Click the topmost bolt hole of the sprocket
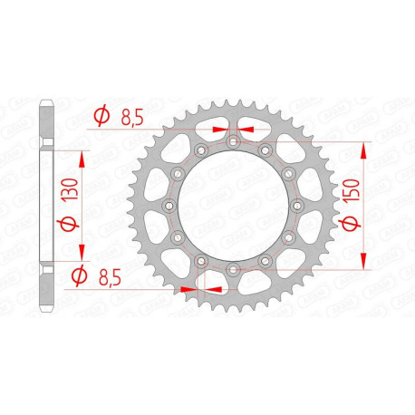233,140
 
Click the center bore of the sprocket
233,206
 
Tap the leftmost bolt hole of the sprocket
169,206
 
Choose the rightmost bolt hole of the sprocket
297,206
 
